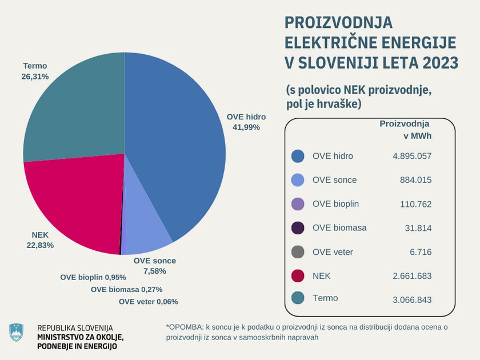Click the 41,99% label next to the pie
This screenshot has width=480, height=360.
click(x=246, y=127)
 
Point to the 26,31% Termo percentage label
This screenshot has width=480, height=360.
click(x=36, y=76)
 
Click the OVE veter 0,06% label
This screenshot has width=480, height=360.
click(x=149, y=302)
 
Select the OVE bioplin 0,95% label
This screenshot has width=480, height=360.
click(x=93, y=277)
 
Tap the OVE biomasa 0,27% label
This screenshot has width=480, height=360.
click(x=127, y=289)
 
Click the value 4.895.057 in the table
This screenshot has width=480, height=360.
click(x=411, y=156)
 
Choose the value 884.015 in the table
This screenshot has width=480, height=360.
click(x=416, y=180)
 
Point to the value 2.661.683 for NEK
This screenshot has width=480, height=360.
click(x=411, y=276)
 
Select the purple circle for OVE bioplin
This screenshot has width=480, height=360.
click(x=297, y=204)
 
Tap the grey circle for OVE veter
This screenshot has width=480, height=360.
click(x=297, y=252)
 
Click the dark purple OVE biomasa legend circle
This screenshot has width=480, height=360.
click(x=297, y=228)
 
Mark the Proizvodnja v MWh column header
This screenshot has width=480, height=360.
click(x=405, y=130)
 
